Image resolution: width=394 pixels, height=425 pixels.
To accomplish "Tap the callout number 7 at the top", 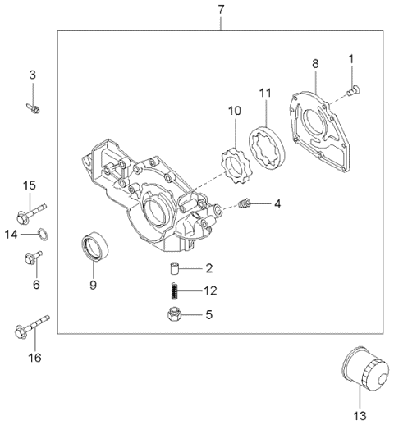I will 221,10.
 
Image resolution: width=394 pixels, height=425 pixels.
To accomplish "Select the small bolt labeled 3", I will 34,107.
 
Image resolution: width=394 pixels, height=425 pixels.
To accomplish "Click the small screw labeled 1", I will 352,91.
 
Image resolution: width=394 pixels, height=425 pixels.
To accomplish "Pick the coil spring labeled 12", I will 173,290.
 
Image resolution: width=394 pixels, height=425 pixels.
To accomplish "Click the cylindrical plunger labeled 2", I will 174,268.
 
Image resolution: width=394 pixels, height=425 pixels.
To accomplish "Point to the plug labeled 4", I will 244,203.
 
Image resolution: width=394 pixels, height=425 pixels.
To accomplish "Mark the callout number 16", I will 34,358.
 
